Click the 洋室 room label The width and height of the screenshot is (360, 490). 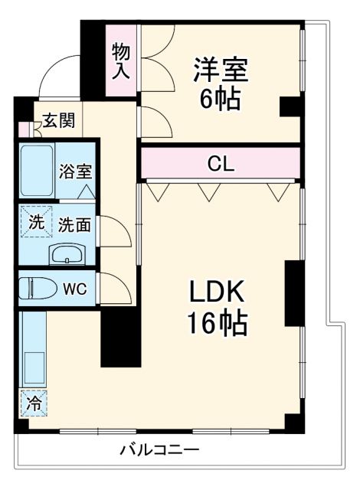[221, 70]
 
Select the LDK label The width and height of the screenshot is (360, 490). [217, 292]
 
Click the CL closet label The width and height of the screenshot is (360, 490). [221, 163]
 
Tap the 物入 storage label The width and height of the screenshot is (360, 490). [122, 61]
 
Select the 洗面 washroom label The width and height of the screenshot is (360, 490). [74, 224]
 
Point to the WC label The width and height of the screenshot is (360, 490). [74, 289]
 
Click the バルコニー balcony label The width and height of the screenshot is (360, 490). [159, 449]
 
